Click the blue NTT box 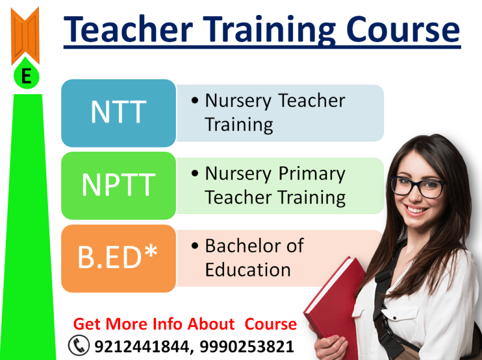pos(119,113)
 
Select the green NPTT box pos(119,185)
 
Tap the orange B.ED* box pos(119,259)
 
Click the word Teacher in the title pos(128,29)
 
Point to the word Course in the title pos(403,29)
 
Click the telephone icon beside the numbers pos(79,345)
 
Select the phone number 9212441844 pos(142,346)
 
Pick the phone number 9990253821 pos(247,346)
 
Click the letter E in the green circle pos(26,76)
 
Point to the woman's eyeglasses pos(417,186)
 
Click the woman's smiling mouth pos(415,210)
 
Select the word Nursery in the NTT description pos(238,101)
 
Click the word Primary pos(312,175)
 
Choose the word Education pos(248,269)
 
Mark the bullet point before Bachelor pos(194,246)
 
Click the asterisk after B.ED pos(151,251)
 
